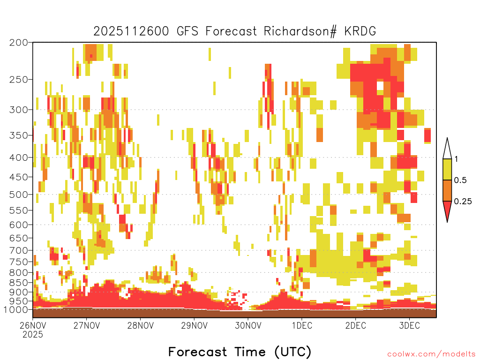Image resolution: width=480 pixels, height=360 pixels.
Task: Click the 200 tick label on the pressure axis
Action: coord(19,43)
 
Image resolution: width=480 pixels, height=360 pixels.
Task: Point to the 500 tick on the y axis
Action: coord(19,195)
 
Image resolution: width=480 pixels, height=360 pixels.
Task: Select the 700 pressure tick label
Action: coord(19,251)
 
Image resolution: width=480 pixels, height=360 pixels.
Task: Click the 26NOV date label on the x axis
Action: coord(33,325)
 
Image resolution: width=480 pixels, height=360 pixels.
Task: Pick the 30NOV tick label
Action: coord(248,325)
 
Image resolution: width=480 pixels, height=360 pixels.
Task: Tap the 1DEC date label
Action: coord(302,325)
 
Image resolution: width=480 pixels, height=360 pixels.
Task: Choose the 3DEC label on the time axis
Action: coord(410,325)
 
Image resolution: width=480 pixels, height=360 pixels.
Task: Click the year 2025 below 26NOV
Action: coord(33,335)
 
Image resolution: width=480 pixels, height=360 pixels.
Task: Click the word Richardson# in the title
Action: coord(300,31)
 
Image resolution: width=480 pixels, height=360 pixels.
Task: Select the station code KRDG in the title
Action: coord(360,31)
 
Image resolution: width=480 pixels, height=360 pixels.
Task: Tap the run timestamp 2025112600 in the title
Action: coord(131,31)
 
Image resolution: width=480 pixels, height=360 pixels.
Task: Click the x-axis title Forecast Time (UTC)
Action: coord(240,352)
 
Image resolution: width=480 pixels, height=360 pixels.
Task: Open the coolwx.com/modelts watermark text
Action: coord(431,354)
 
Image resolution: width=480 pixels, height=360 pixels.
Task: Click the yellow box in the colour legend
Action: coord(447,169)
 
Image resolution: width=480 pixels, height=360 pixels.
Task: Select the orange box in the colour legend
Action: coord(447,190)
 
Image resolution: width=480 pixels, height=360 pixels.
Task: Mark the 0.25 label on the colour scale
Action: coord(463,202)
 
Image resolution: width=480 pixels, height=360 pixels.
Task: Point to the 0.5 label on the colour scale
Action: coord(460,180)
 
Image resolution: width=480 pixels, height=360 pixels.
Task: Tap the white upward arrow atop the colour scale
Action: coord(447,149)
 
